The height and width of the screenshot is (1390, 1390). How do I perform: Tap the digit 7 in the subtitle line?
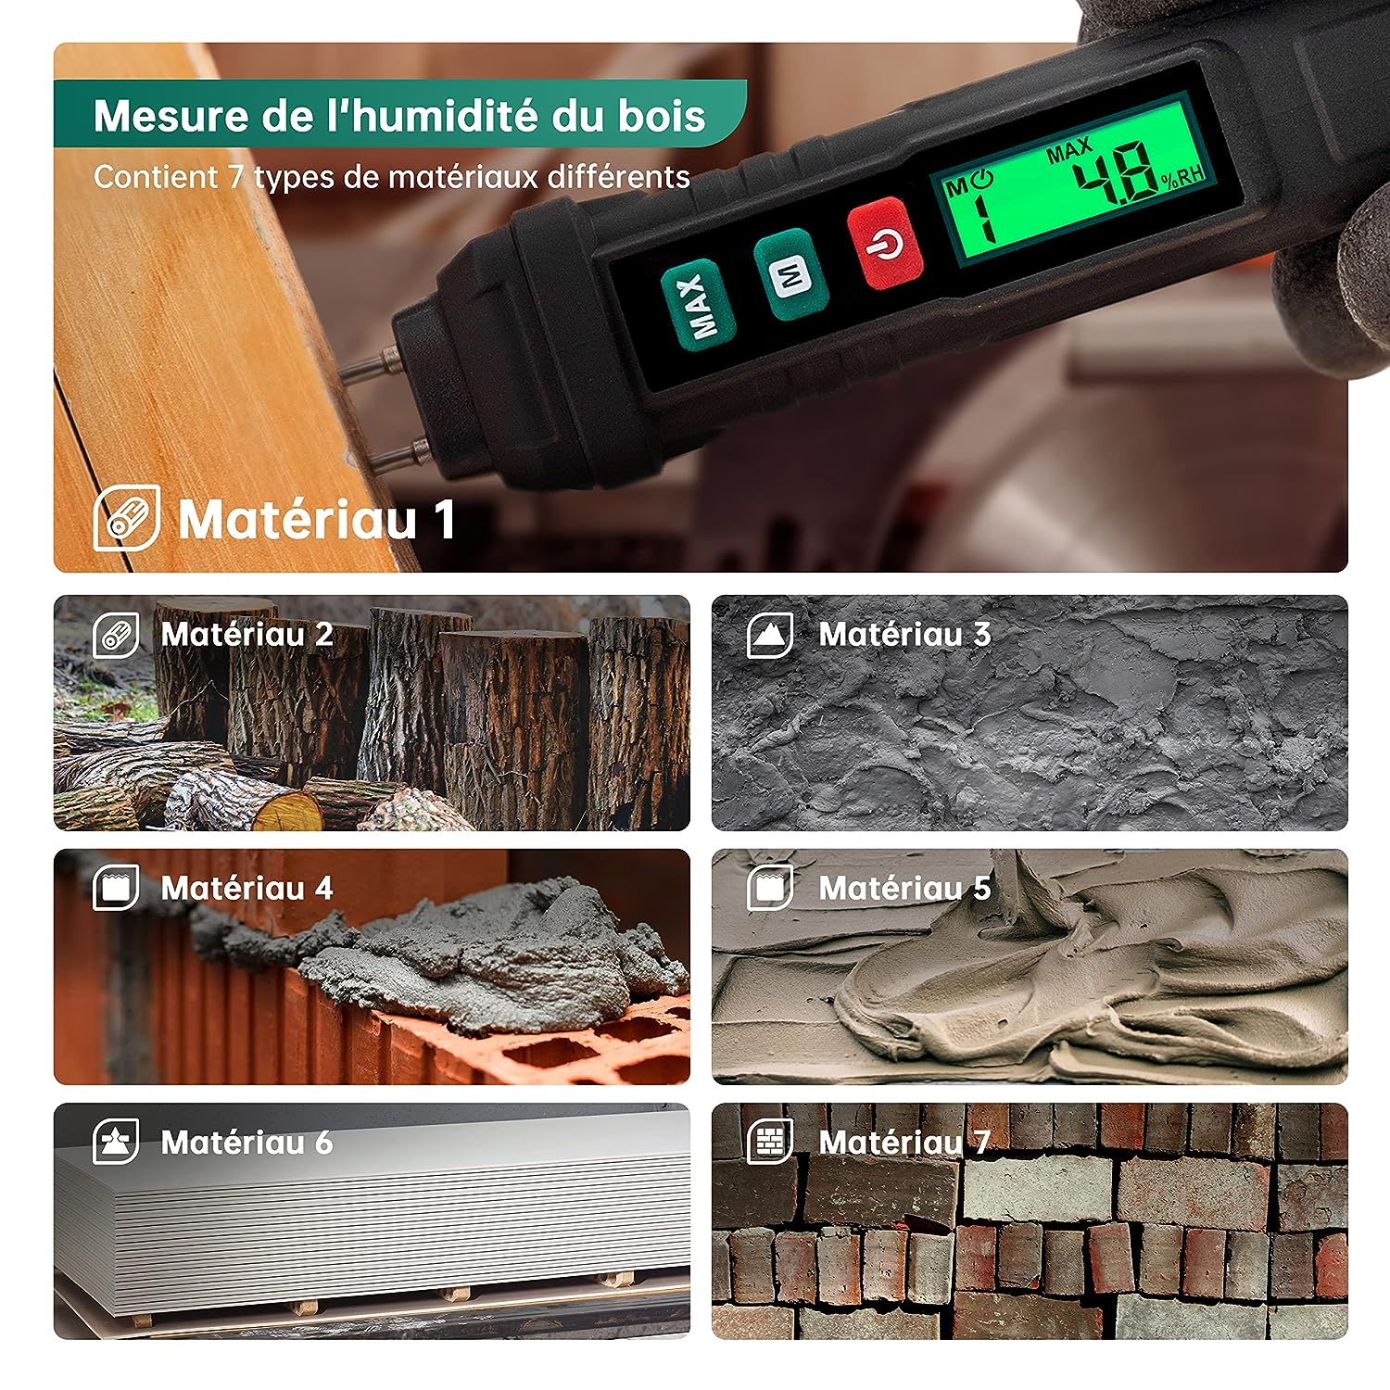pyautogui.click(x=237, y=177)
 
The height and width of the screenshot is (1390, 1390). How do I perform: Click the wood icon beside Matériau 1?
pyautogui.click(x=127, y=517)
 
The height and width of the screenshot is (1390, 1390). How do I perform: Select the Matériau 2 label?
pyautogui.click(x=246, y=635)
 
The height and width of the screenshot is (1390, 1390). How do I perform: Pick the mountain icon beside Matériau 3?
pyautogui.click(x=770, y=635)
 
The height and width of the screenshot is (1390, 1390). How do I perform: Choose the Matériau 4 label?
pyautogui.click(x=246, y=889)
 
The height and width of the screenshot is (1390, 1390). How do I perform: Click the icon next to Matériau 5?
pyautogui.click(x=770, y=889)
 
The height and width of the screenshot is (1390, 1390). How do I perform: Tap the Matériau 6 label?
pyautogui.click(x=246, y=1143)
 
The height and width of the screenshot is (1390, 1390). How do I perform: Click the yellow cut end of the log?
pyautogui.click(x=287, y=813)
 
